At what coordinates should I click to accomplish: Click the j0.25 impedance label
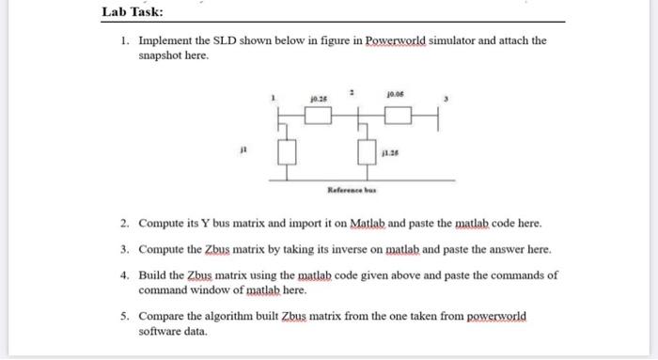319,97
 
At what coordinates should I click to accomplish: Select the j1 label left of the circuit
243,148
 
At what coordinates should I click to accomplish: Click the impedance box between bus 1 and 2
320,117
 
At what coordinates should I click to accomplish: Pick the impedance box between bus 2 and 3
398,117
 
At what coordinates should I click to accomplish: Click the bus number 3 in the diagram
448,99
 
